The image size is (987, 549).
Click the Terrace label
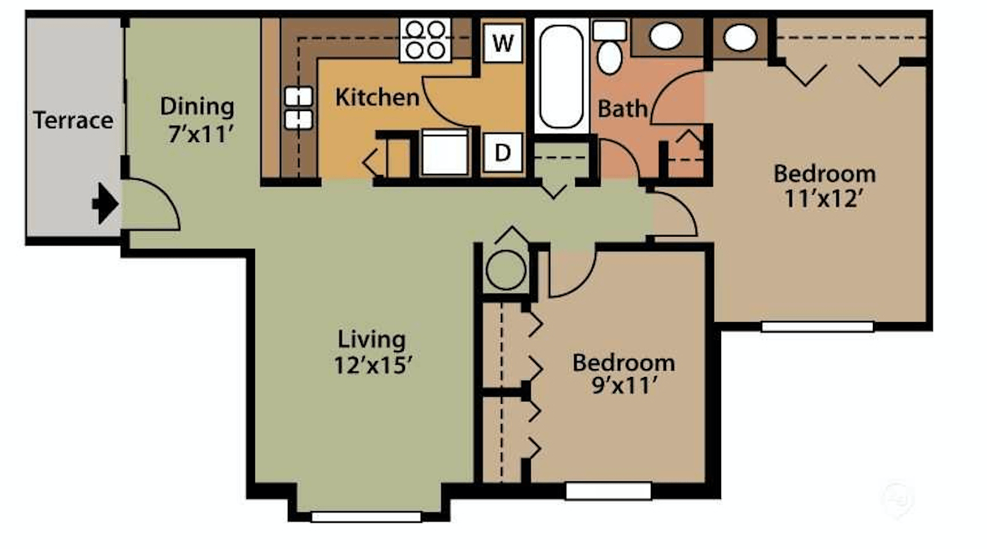73,120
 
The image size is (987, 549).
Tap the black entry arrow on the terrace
105,204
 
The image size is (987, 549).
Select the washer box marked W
503,43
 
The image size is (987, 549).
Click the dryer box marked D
503,152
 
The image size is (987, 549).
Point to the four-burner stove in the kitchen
425,40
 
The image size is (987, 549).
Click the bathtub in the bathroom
561,76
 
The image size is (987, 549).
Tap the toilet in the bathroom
610,47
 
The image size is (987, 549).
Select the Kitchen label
377,97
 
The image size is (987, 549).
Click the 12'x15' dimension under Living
373,365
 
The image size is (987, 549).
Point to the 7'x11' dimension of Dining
199,134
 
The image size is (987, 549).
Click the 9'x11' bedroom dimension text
624,386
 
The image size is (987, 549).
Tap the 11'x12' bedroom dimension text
823,198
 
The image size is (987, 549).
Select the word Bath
622,109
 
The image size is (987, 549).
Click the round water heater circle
506,270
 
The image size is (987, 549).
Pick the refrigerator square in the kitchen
445,152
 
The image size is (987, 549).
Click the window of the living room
366,517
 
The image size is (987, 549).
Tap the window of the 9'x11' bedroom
609,491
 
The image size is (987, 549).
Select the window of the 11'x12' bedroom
817,326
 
